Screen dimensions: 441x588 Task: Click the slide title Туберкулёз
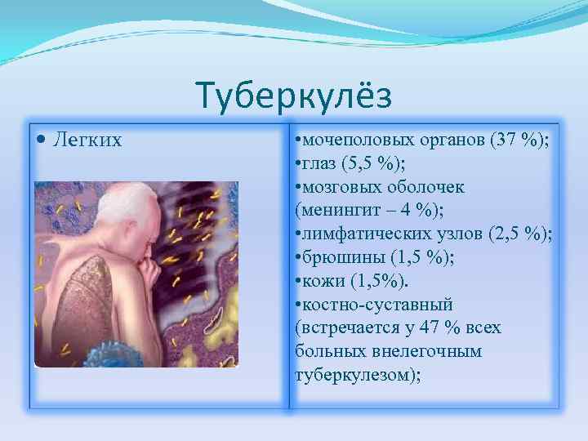pos(294,96)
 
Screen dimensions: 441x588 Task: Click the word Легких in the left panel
pos(87,140)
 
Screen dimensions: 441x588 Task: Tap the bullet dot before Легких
pos(42,140)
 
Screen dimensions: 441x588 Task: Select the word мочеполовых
pos(350,139)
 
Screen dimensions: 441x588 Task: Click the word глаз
pos(321,163)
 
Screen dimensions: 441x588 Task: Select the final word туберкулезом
pos(354,375)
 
